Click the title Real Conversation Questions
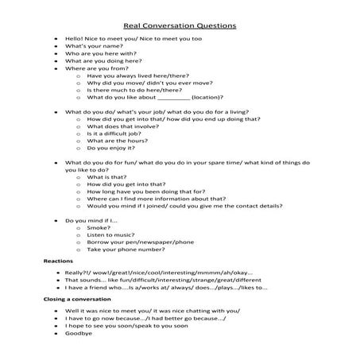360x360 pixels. (x=180, y=25)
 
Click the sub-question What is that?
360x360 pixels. (x=107, y=178)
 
